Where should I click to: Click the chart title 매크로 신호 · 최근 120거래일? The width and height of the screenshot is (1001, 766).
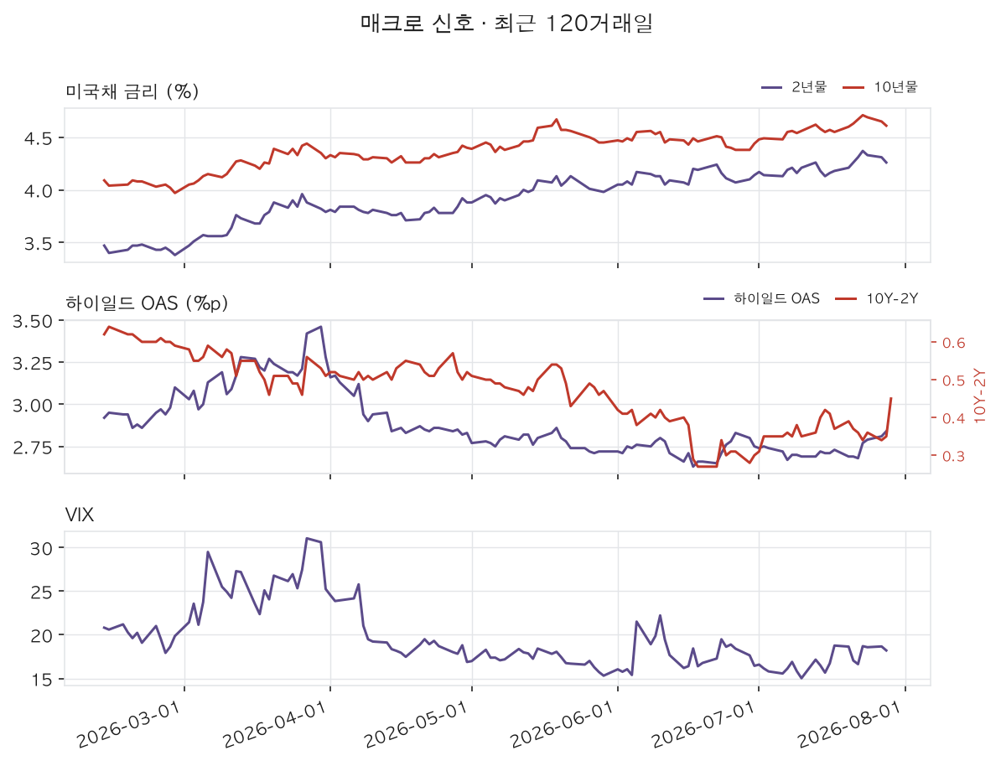pyautogui.click(x=506, y=23)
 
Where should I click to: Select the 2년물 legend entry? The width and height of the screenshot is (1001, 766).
pyautogui.click(x=794, y=87)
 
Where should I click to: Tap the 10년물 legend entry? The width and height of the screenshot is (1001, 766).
pyautogui.click(x=879, y=87)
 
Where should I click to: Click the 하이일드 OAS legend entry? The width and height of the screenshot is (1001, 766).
pyautogui.click(x=761, y=298)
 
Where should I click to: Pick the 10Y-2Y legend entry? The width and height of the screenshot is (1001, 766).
pyautogui.click(x=877, y=298)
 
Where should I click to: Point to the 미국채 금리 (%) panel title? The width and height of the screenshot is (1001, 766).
pyautogui.click(x=132, y=92)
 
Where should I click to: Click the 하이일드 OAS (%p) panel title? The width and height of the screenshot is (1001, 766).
pyautogui.click(x=147, y=303)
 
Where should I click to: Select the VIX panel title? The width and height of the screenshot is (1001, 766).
pyautogui.click(x=80, y=515)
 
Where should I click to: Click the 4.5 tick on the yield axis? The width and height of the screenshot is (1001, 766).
pyautogui.click(x=39, y=138)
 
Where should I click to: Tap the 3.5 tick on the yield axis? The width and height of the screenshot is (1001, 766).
pyautogui.click(x=39, y=243)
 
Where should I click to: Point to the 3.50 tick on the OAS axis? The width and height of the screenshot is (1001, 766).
pyautogui.click(x=34, y=320)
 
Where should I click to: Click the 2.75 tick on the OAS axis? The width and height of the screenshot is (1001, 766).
pyautogui.click(x=34, y=447)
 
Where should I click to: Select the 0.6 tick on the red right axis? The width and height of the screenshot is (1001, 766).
pyautogui.click(x=954, y=343)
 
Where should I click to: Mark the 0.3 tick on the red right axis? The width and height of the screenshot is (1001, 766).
pyautogui.click(x=954, y=457)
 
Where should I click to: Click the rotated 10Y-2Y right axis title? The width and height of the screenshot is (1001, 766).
pyautogui.click(x=981, y=396)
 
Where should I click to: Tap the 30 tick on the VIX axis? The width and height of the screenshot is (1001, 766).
pyautogui.click(x=42, y=548)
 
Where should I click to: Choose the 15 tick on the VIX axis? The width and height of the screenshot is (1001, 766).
pyautogui.click(x=42, y=680)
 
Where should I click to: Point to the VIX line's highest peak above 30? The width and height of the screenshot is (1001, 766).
pyautogui.click(x=307, y=538)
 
